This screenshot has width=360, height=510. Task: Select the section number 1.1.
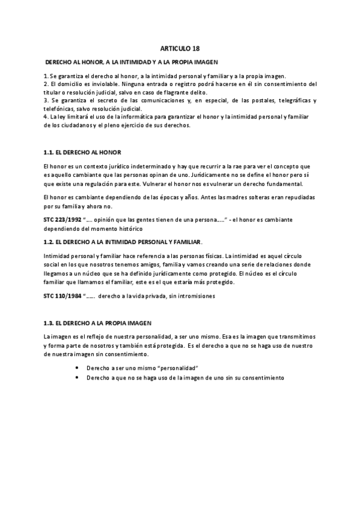coord(50,153)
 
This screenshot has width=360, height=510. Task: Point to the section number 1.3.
coord(50,323)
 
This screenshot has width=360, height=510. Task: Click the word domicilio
coord(67,84)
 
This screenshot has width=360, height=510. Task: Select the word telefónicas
coord(59,109)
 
